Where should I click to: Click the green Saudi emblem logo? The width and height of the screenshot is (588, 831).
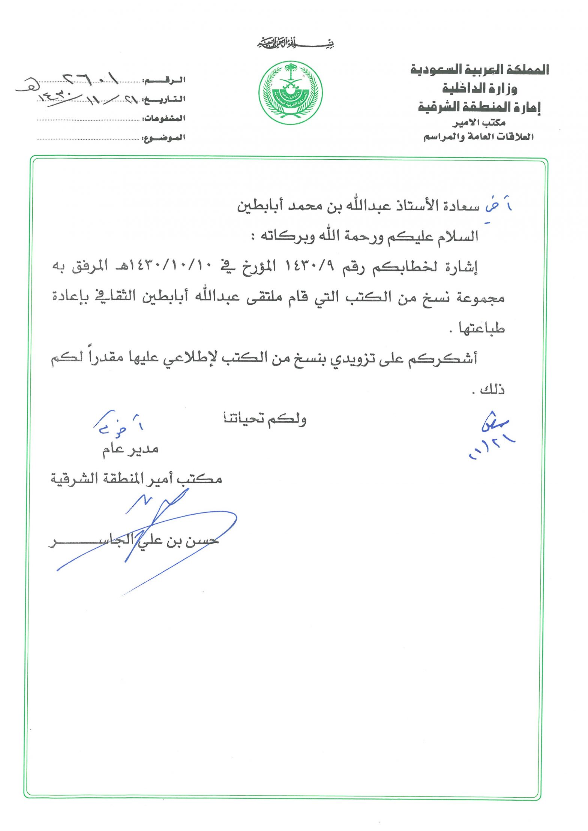[290, 92]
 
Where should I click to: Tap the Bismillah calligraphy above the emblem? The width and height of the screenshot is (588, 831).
[295, 43]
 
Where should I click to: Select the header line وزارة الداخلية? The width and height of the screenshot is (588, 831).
[480, 88]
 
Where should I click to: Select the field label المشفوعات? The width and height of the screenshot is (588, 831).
[163, 118]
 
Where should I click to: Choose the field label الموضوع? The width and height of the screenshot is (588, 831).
[163, 138]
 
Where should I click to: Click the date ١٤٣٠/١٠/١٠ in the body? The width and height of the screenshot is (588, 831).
[172, 267]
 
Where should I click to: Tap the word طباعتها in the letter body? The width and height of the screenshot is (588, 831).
[482, 328]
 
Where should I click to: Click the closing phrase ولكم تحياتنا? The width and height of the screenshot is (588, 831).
[265, 419]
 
